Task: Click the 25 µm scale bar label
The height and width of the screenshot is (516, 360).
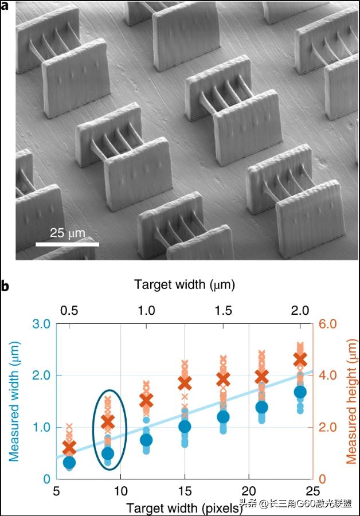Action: pos(67,233)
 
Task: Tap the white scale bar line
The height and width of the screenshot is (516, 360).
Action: pos(67,244)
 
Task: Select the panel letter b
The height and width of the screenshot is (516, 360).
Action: pos(5,285)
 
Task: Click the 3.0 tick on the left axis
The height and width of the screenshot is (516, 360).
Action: pos(44,325)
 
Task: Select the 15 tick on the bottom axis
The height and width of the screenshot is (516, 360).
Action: pos(185,491)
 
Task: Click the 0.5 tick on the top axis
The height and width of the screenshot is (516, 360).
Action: pos(69,310)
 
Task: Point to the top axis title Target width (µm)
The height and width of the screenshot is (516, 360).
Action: pos(185,284)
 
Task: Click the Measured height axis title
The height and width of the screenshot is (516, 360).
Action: pos(351,401)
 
